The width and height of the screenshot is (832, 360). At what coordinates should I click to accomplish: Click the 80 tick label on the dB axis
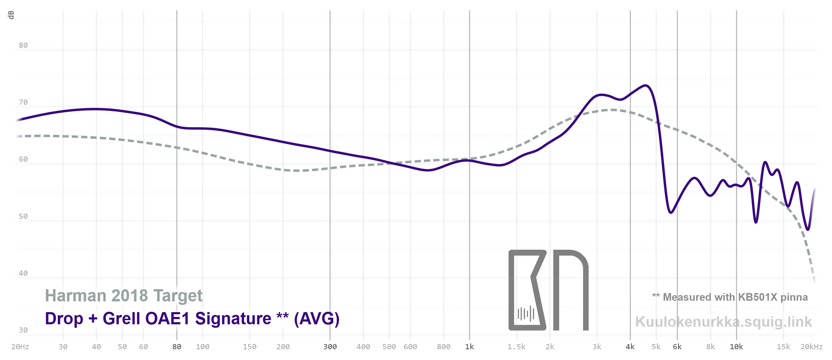(x=23, y=45)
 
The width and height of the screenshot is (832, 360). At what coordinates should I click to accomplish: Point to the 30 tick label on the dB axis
(x=23, y=330)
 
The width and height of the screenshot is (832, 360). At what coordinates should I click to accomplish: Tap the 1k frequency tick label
(x=469, y=347)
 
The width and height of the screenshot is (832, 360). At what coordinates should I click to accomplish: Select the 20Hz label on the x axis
(x=20, y=347)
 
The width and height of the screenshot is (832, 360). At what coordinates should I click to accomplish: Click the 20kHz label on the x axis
(x=811, y=347)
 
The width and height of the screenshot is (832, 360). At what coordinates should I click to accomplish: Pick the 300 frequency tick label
(x=330, y=347)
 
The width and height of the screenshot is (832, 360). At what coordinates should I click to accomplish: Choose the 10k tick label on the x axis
(x=736, y=347)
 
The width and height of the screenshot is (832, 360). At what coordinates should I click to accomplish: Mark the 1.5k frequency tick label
(x=517, y=347)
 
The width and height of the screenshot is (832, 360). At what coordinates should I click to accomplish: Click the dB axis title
(x=11, y=15)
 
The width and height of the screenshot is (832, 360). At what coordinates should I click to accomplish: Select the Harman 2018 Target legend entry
(x=124, y=296)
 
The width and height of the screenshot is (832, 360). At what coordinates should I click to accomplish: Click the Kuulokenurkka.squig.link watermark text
(x=723, y=322)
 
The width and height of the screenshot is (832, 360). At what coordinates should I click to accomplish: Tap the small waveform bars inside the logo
(x=526, y=314)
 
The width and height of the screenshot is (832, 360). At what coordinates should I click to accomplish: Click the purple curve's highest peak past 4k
(x=645, y=85)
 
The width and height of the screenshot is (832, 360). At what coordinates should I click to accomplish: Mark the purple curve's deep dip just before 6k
(x=671, y=212)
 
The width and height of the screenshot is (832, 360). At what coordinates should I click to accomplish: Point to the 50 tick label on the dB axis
(x=23, y=216)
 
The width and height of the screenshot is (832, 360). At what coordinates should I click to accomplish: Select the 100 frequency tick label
(x=202, y=347)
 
